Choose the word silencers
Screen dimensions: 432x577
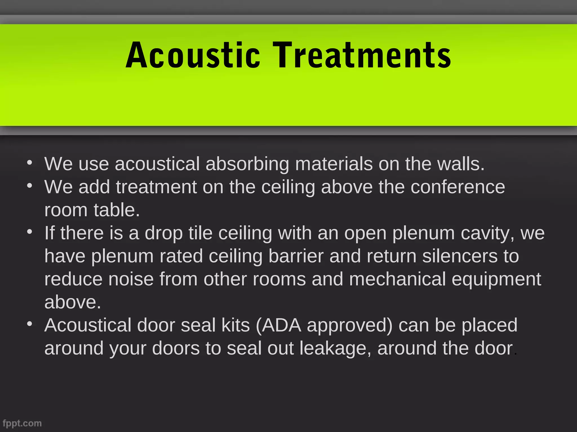pos(460,256)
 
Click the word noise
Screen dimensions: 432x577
pos(131,279)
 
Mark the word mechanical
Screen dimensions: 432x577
pos(397,279)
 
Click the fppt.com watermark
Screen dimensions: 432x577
pos(22,423)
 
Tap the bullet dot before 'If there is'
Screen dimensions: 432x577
pos(30,232)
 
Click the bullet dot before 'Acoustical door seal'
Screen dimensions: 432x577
pos(30,324)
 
